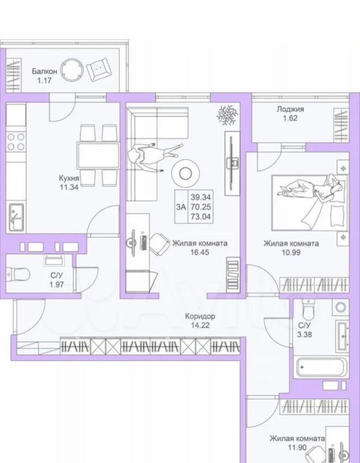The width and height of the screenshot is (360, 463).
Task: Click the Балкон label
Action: click(44, 71)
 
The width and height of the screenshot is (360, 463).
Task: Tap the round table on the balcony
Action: click(72, 70)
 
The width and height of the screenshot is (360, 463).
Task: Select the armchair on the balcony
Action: click(99, 69)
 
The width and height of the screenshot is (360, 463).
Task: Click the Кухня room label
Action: click(69, 178)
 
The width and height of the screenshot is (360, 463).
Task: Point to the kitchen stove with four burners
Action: click(16, 141)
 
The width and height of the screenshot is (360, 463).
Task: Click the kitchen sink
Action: click(17, 217)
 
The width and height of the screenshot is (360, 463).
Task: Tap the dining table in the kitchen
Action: click(98, 155)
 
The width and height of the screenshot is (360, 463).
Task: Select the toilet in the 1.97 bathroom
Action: click(18, 275)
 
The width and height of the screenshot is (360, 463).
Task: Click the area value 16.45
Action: click(200, 252)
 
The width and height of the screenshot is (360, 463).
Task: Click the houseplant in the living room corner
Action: click(228, 114)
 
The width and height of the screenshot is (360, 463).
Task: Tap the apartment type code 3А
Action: click(181, 207)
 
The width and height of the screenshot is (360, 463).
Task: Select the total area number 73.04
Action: click(201, 217)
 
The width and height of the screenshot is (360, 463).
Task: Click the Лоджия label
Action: click(290, 109)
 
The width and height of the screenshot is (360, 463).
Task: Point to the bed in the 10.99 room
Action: click(309, 203)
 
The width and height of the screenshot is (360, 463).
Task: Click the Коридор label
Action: click(200, 316)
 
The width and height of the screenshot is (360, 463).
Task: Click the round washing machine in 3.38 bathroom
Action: click(341, 307)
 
